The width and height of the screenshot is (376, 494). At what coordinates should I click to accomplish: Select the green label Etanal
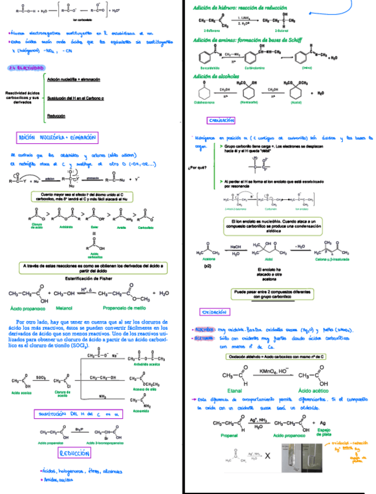click(x=235, y=390)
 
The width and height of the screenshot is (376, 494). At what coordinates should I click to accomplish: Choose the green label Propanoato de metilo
click(x=124, y=308)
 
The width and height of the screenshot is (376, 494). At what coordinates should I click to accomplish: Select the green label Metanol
click(x=63, y=308)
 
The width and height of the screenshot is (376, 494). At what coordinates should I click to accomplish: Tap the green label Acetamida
click(x=141, y=410)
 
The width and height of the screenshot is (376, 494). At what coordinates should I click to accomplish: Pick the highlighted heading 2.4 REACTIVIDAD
click(x=23, y=68)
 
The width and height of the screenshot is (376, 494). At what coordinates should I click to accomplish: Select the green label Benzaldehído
click(x=210, y=68)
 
